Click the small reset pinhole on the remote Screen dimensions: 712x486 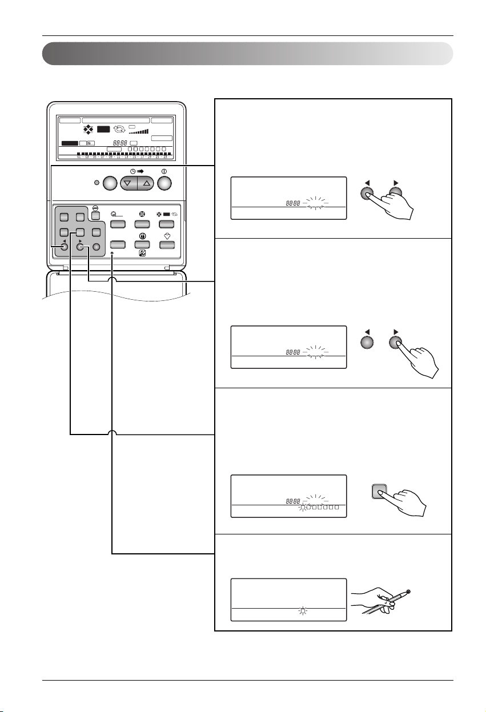pyautogui.click(x=113, y=252)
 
